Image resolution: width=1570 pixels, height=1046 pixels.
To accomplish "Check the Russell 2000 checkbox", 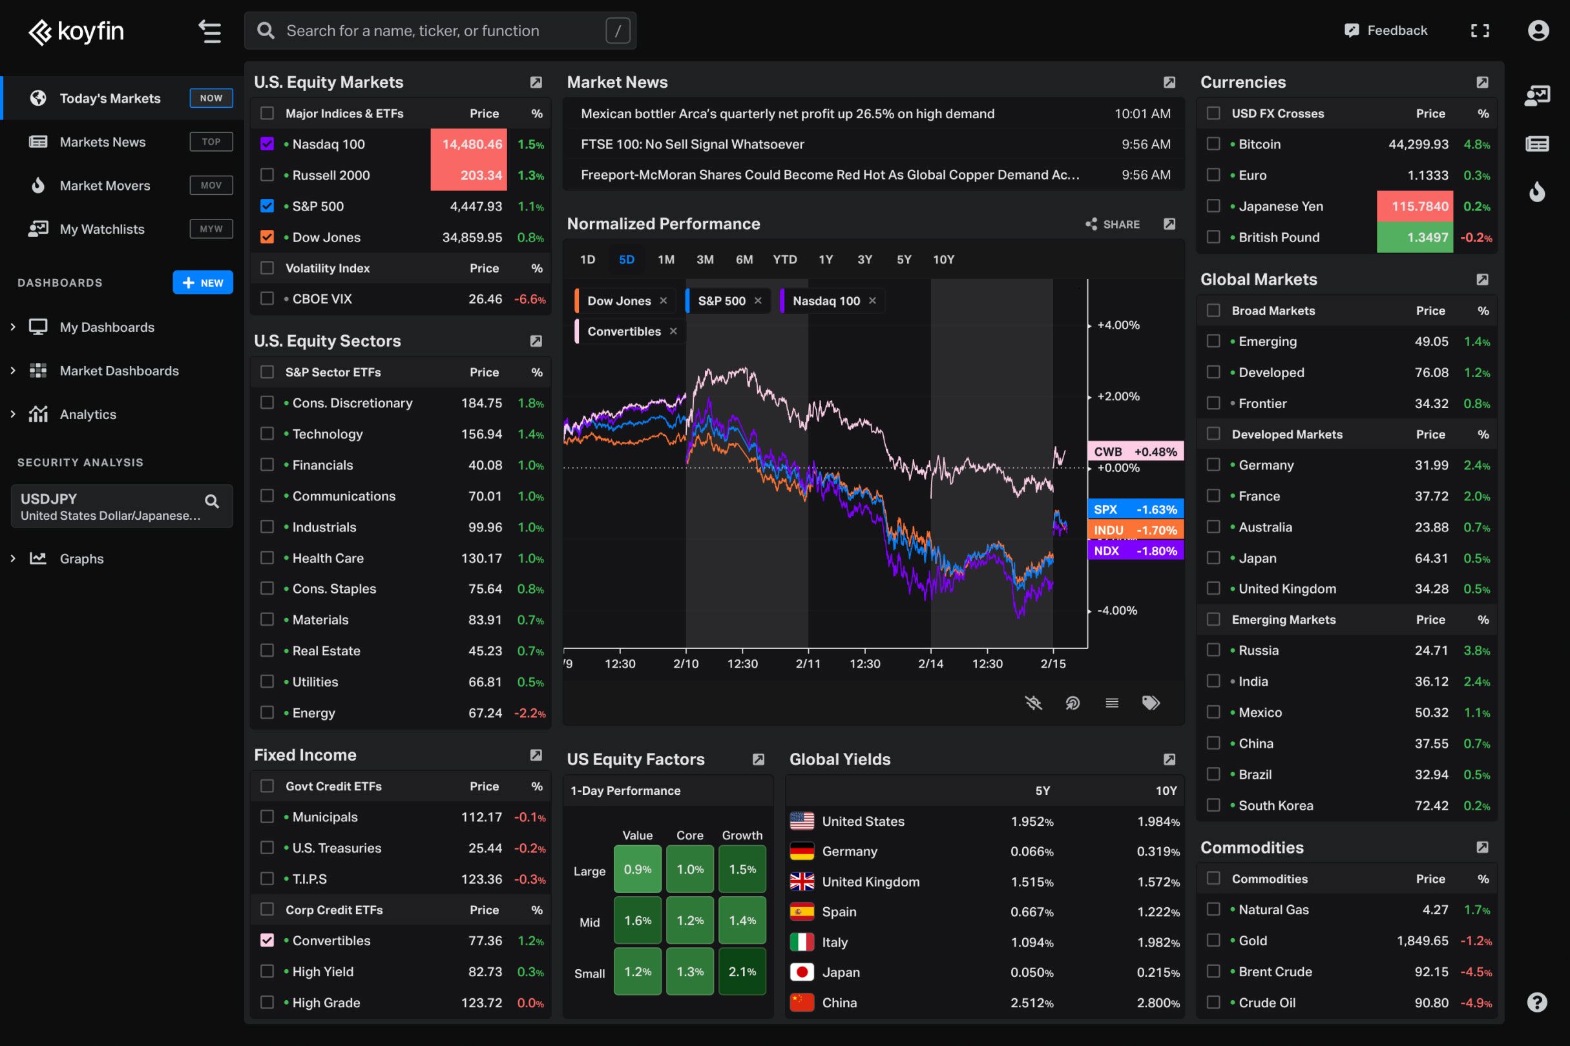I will (x=267, y=175).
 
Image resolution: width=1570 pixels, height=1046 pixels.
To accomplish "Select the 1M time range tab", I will (x=665, y=260).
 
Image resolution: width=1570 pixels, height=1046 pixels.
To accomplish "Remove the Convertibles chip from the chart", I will (x=673, y=331).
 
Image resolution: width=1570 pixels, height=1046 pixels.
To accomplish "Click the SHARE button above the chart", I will (x=1113, y=224).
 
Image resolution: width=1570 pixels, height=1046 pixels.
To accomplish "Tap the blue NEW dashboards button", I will (x=203, y=282).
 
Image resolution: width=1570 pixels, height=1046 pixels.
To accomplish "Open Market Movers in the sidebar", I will (x=105, y=185).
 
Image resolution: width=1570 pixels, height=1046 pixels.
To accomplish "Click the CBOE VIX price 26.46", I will (x=485, y=299).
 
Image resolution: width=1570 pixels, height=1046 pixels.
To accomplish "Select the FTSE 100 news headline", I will (x=692, y=144).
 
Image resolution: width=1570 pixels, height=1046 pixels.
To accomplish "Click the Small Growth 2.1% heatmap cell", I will (x=742, y=971).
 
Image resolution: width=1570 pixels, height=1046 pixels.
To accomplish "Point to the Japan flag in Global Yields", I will (x=802, y=972).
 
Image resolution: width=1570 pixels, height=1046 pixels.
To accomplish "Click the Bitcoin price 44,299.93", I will (x=1418, y=144).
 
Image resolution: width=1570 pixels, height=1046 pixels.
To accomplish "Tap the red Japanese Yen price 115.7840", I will (x=1419, y=206).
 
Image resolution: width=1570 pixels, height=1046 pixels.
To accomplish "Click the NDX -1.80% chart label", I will (x=1135, y=551).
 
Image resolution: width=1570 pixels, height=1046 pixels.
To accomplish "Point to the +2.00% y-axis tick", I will (x=1118, y=396).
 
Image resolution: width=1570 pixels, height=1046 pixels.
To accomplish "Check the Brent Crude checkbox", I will (x=1213, y=971).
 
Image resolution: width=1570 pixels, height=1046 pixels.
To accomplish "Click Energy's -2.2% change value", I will (x=530, y=713).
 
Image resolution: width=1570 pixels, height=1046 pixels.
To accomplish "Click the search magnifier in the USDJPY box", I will (x=212, y=501).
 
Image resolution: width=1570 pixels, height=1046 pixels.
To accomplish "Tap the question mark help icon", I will (x=1536, y=1002).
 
